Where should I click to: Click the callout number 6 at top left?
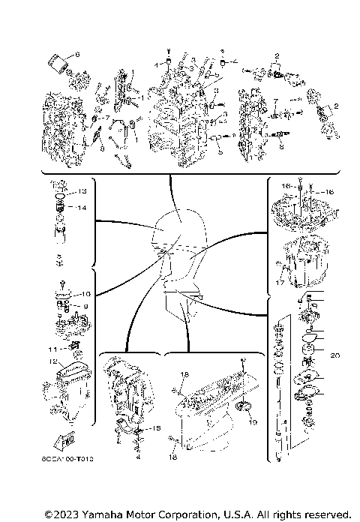pos(76,55)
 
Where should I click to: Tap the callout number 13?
pos(82,190)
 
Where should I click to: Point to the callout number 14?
pos(82,207)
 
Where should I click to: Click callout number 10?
pos(85,294)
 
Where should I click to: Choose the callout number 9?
pos(85,306)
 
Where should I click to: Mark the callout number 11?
pos(51,349)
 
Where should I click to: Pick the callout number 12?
pos(53,361)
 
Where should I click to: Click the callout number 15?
pos(156,427)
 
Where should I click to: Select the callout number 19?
pos(253,422)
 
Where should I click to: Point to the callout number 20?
pos(334,355)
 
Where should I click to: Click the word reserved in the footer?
pos(327,514)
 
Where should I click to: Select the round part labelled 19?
pos(243,409)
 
